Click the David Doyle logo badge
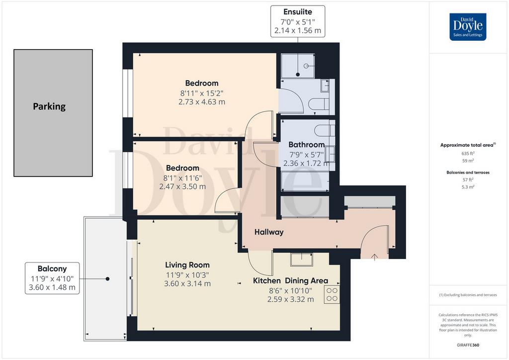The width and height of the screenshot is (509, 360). tap(468, 27)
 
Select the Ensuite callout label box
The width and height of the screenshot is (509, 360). tap(298, 21)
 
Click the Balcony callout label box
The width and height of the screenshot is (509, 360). tap(52, 278)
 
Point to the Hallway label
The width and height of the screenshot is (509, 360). tap(269, 232)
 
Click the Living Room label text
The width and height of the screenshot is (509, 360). tap(187, 265)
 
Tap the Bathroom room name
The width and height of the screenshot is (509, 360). tap(306, 145)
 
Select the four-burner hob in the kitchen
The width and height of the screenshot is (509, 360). tap(332, 294)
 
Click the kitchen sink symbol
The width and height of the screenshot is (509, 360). tap(302, 260)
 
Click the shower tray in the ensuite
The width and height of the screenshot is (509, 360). tap(298, 66)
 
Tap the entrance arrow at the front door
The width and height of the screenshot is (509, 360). tap(374, 257)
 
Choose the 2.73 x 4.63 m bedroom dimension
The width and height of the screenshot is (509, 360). tap(202, 102)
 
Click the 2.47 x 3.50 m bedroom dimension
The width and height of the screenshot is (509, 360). tap(182, 186)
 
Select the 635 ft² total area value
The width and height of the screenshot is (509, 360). tap(468, 153)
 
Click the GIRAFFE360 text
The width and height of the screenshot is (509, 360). tap(468, 345)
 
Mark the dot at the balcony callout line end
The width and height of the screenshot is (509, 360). tap(107, 278)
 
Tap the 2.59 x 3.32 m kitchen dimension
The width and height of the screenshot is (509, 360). tap(290, 299)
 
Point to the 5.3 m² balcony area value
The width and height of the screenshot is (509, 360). tap(468, 187)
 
